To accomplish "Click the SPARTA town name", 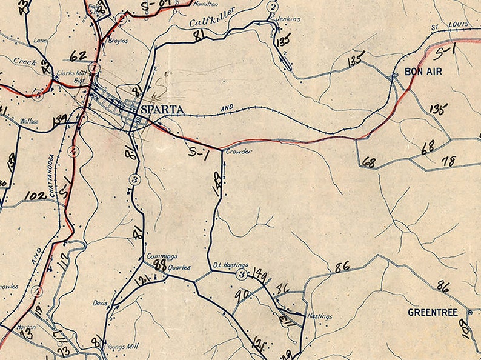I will (x=162, y=111).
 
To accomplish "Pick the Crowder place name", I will (x=238, y=152).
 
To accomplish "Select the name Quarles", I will (x=180, y=267).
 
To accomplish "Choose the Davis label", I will (x=100, y=302).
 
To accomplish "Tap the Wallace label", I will (x=30, y=121).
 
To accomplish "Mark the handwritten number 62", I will (x=78, y=56).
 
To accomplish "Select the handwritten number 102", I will (x=36, y=196).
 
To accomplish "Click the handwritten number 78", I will (x=449, y=161).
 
